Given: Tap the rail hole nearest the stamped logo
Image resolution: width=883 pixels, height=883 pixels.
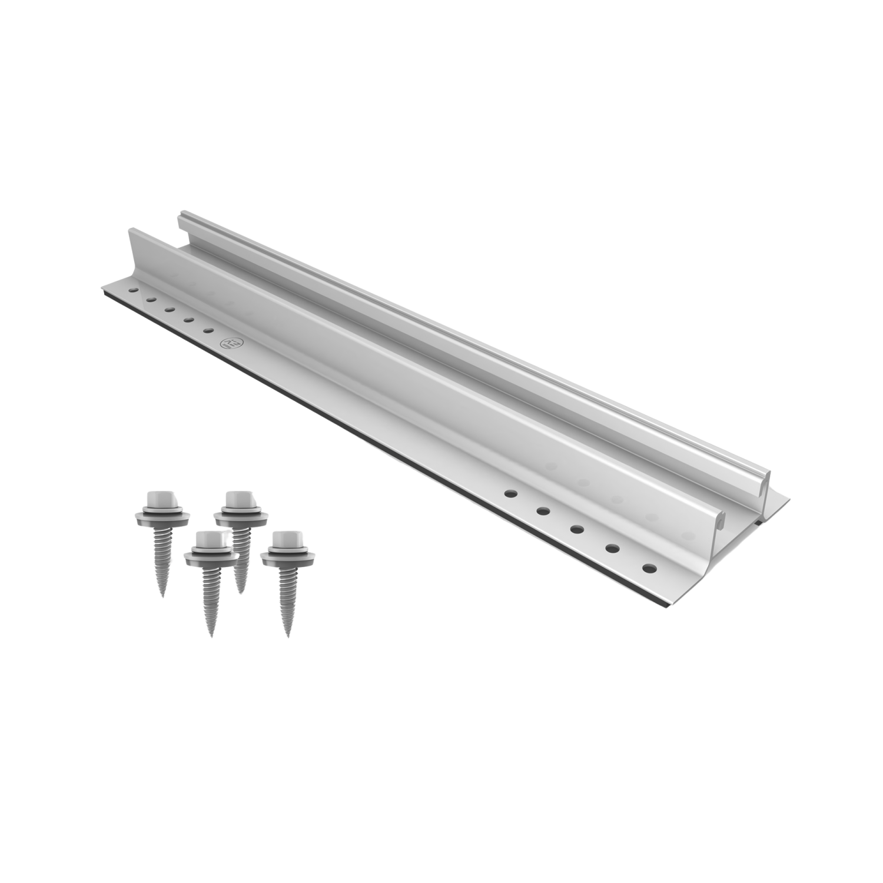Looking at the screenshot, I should (207, 330).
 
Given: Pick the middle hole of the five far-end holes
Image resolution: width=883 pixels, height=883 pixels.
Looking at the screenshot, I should (169, 309).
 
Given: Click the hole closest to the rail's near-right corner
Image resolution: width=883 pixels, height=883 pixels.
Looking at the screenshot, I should (649, 569).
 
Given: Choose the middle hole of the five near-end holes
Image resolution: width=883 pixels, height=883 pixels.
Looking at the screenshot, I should (576, 528).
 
